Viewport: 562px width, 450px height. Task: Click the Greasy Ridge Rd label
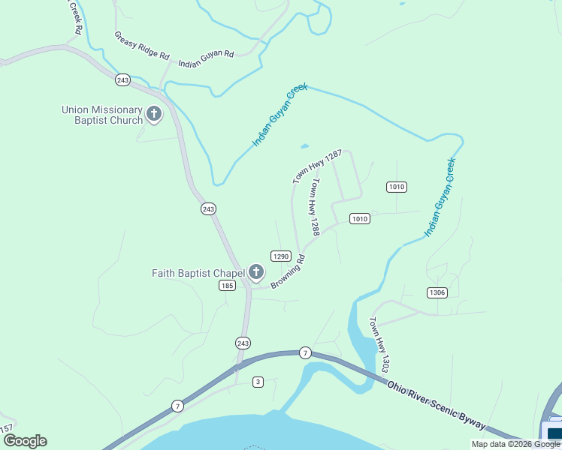(143, 46)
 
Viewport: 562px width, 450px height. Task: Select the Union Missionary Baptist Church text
(102, 115)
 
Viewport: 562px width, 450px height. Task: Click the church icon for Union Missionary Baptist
(154, 114)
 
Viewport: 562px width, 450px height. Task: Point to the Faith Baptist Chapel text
(198, 272)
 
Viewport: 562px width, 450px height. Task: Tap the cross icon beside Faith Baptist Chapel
(256, 272)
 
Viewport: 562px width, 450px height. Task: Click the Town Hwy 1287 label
(317, 166)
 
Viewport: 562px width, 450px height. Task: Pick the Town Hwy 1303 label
(379, 346)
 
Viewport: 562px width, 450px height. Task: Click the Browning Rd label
(288, 272)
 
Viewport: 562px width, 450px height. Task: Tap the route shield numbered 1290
(281, 256)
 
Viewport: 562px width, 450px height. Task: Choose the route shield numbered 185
(228, 285)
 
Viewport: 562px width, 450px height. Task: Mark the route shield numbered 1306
(437, 292)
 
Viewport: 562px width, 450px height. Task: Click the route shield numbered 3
(258, 382)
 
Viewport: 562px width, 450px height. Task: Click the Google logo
(25, 441)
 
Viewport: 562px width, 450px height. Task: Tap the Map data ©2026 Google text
(515, 444)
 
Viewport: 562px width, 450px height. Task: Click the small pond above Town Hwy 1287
(304, 145)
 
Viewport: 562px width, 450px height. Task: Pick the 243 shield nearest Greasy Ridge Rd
(123, 79)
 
